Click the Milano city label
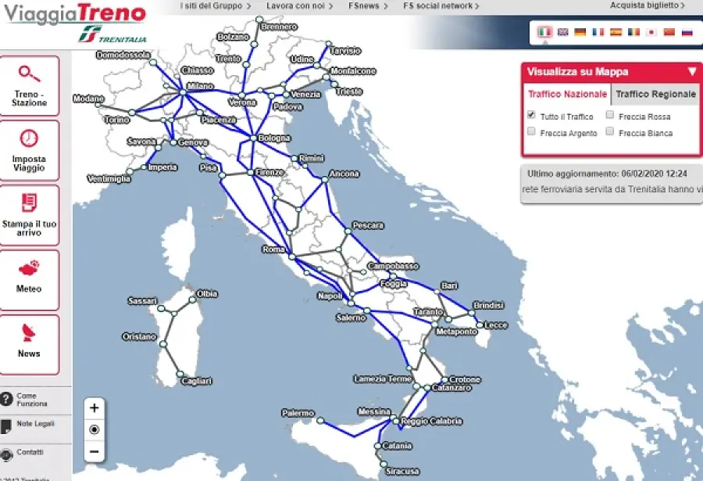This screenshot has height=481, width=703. [200, 86]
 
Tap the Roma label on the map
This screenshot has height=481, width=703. [273, 249]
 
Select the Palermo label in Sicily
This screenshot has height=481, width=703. [298, 413]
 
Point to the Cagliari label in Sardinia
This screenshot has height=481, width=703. [196, 381]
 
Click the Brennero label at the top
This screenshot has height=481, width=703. [280, 27]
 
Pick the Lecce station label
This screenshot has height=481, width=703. [496, 325]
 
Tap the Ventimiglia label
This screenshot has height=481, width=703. [109, 179]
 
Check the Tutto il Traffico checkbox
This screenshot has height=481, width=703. [532, 115]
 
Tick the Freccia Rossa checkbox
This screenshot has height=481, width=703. [610, 115]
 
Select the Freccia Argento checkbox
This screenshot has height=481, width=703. [532, 132]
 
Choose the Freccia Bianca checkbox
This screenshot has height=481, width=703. [610, 132]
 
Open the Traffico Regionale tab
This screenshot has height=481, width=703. [655, 94]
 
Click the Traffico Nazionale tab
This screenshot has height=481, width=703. [567, 94]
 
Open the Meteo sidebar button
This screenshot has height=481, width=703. [29, 278]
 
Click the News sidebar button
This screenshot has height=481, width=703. [29, 342]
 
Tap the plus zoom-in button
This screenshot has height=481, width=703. [95, 407]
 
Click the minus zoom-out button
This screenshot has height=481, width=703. [95, 451]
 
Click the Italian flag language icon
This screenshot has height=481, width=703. [544, 32]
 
